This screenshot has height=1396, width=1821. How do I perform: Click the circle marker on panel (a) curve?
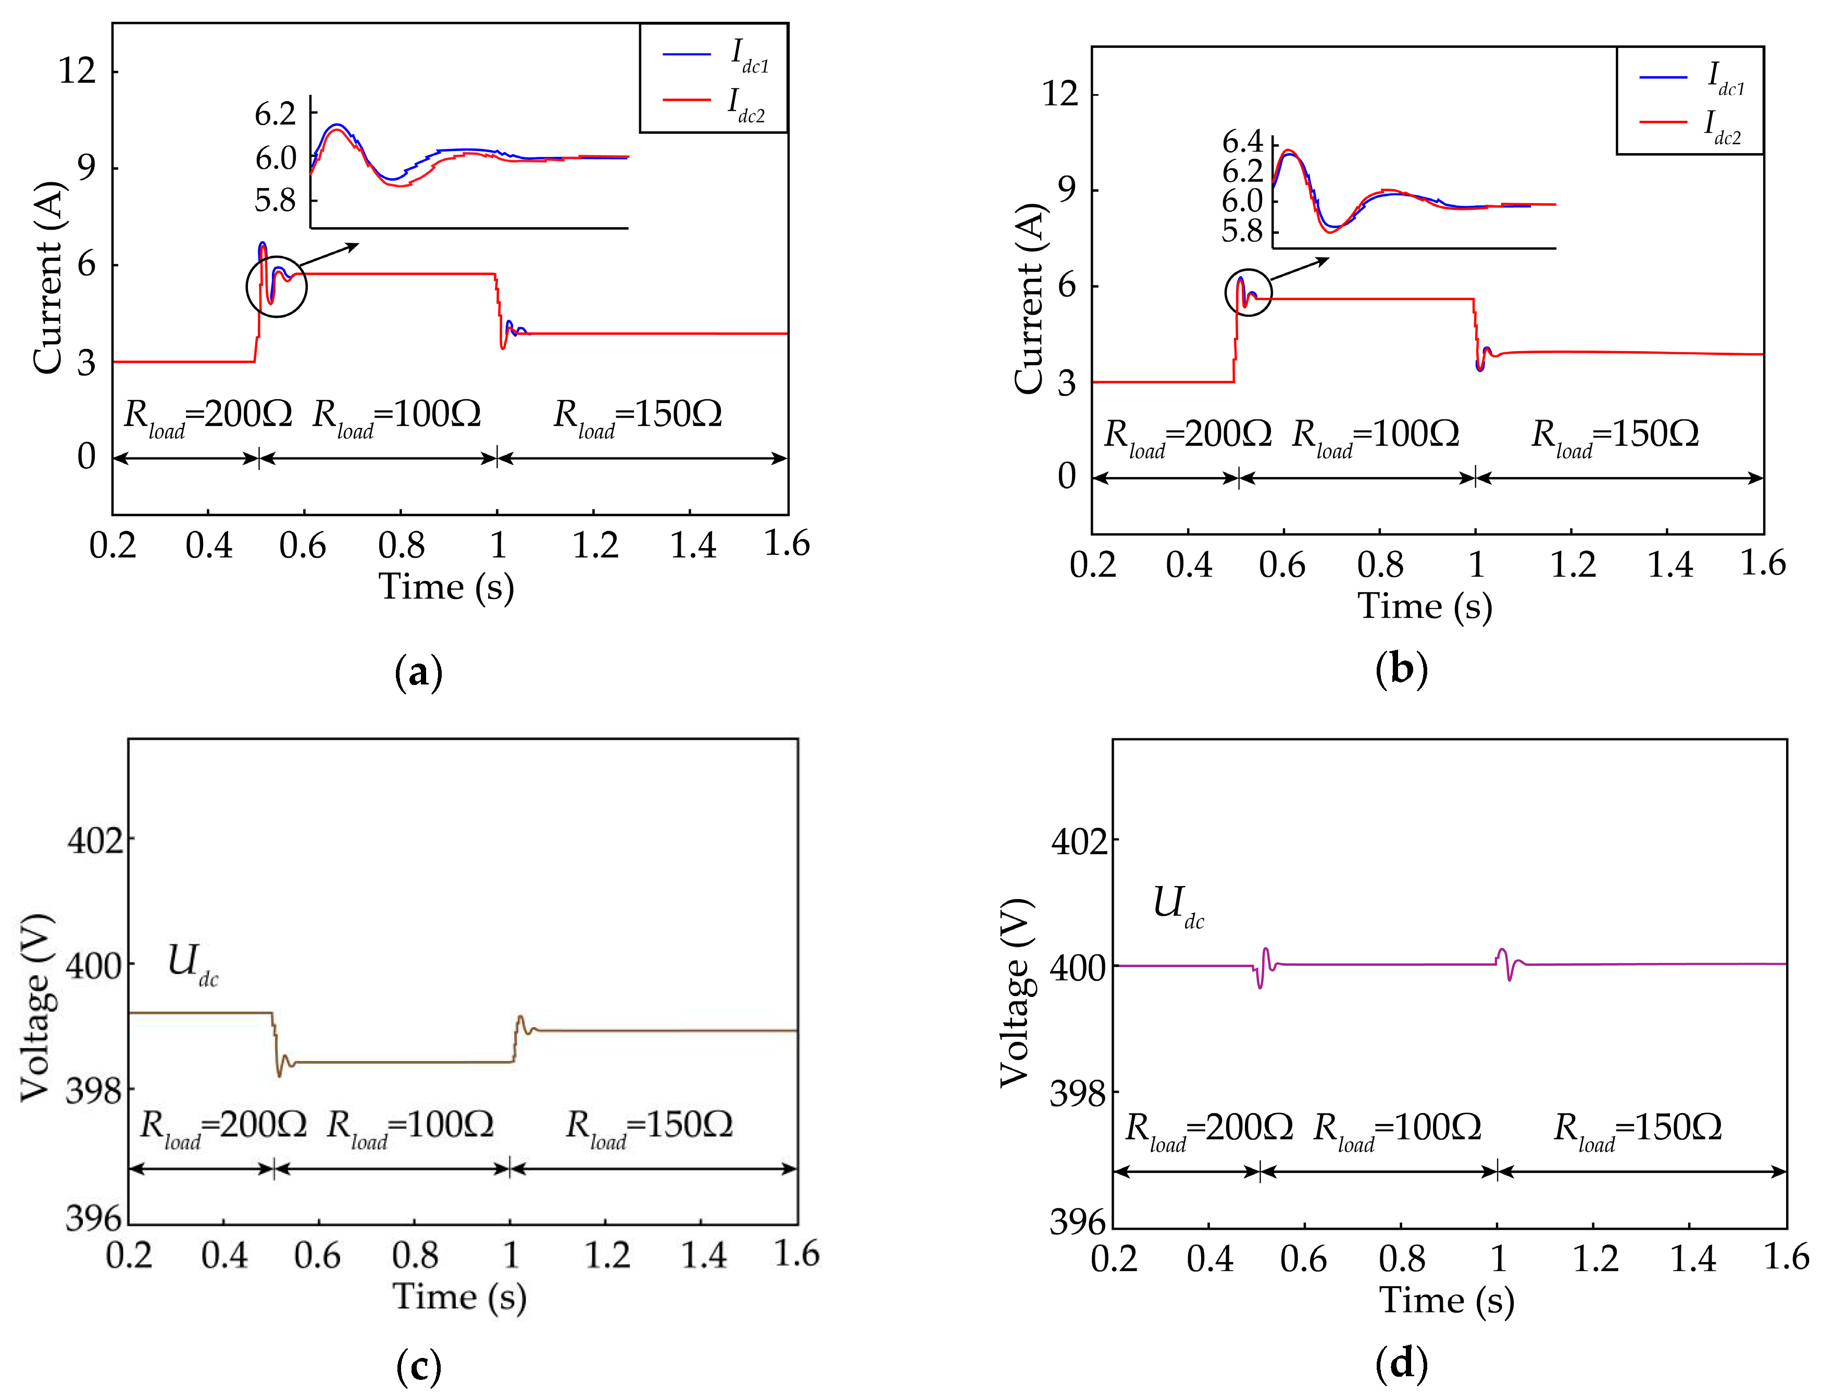277,286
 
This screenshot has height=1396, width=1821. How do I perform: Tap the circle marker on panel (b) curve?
1249,293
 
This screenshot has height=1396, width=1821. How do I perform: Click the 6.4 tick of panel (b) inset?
1242,142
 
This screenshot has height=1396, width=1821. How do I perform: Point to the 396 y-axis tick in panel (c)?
93,1219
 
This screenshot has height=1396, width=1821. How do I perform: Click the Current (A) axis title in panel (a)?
48,278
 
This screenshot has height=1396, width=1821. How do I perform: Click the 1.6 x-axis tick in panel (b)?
1762,564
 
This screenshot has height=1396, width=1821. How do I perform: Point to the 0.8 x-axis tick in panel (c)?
415,1255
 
